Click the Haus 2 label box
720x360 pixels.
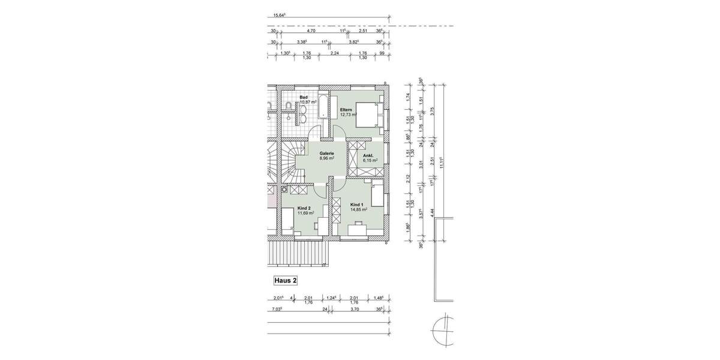click(285, 280)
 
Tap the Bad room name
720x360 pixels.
click(304, 97)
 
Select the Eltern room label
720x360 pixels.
click(346, 110)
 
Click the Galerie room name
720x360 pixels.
click(326, 154)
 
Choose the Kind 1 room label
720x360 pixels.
click(358, 205)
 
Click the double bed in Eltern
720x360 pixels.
click(367, 114)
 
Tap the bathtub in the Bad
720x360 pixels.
click(323, 106)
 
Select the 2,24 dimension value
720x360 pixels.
click(334, 53)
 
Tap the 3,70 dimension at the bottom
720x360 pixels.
click(353, 310)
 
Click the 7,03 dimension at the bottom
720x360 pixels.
click(277, 310)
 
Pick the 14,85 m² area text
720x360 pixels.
click(359, 210)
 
